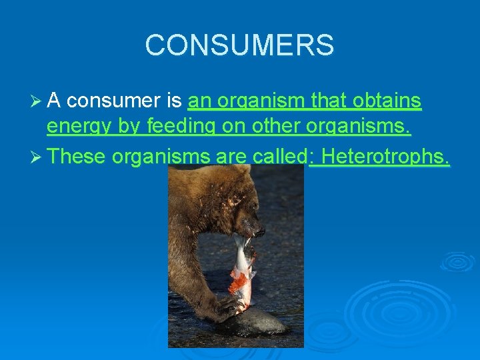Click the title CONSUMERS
239,45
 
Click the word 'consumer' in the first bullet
113,101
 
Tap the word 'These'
77,156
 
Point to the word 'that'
329,101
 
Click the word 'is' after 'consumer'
174,101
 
